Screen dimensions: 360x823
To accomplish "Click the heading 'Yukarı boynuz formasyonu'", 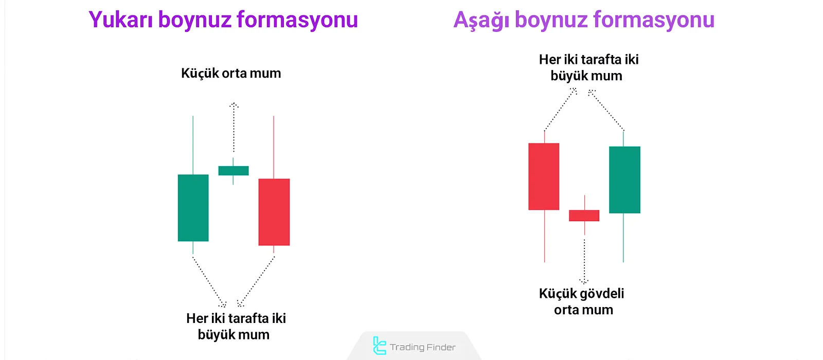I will (223, 20).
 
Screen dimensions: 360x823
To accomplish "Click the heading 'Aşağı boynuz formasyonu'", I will (584, 20).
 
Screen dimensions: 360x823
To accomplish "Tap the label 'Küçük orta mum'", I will (231, 74).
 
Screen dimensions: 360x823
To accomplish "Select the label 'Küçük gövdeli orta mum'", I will (582, 301).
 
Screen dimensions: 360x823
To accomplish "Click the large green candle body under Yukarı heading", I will (193, 208).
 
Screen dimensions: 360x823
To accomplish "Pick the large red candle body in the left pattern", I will (274, 212).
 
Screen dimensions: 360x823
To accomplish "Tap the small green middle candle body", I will (234, 171).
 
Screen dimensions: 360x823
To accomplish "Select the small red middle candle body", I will (584, 215).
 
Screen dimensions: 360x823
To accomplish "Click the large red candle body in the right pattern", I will (544, 176).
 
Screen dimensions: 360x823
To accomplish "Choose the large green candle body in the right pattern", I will (624, 179).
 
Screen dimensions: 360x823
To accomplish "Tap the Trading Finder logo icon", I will (379, 346).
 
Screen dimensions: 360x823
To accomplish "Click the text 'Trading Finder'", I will (422, 347).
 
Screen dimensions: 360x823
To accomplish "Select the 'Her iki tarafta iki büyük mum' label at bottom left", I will (236, 326).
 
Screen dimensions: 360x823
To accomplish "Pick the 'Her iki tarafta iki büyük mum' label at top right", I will (588, 67).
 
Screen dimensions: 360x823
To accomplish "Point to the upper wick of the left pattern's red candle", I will (274, 147).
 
